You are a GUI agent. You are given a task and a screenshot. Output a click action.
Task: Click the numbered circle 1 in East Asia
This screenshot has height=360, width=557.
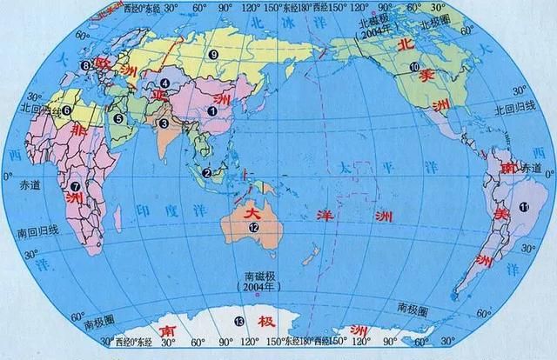click(211, 111)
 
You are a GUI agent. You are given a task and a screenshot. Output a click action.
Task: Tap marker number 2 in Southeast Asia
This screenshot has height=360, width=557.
click(207, 173)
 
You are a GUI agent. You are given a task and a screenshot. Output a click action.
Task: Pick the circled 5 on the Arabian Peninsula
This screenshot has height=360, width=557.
click(117, 118)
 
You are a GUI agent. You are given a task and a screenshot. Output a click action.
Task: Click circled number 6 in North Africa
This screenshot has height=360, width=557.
click(65, 110)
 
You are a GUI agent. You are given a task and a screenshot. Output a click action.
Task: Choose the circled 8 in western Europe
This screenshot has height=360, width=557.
click(85, 66)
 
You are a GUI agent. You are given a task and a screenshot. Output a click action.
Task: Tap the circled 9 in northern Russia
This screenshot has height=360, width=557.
click(211, 55)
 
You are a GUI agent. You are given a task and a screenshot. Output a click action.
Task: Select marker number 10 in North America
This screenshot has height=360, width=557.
click(414, 67)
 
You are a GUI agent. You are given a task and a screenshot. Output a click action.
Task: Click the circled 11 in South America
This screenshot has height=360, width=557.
click(523, 206)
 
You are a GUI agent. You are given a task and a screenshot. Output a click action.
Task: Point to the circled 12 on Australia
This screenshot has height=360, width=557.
click(253, 227)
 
